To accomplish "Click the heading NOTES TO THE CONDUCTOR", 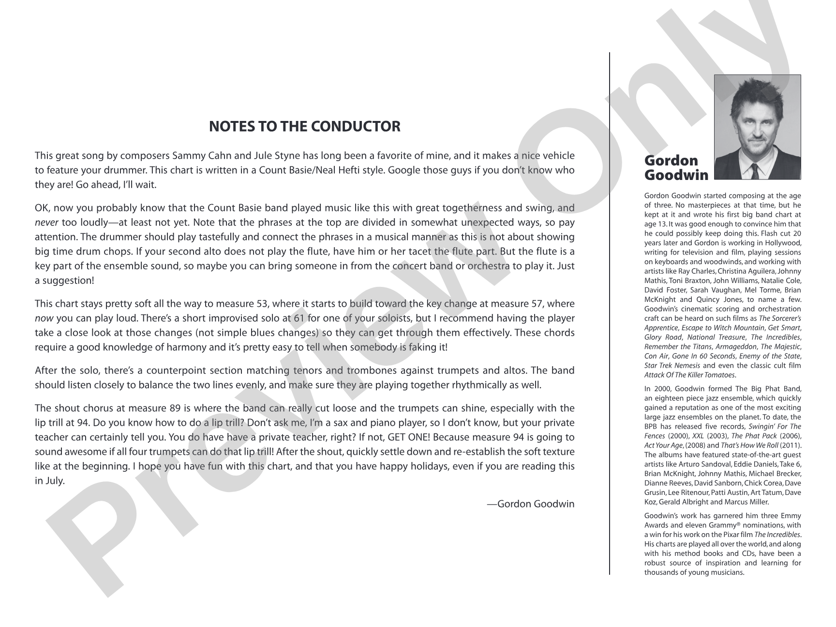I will tap(304, 127).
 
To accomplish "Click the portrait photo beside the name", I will tap(757, 127).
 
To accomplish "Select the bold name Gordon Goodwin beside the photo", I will tap(676, 168).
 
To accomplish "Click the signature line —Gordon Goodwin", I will tap(531, 504).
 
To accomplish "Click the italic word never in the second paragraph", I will tap(46, 223).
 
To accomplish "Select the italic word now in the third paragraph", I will tap(44, 318).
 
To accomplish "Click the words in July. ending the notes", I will tap(49, 481).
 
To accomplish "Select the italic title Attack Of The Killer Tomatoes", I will tap(690, 375).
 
